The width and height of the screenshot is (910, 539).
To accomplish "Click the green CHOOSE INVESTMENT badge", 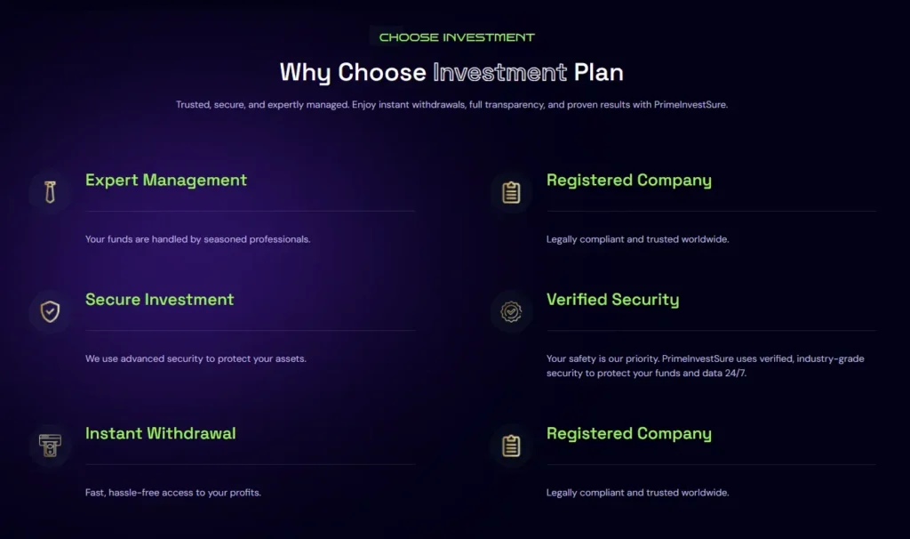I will coord(457,37).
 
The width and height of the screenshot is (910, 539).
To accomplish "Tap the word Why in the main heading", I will coord(305,71).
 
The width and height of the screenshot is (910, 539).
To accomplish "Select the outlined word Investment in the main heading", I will coord(499,71).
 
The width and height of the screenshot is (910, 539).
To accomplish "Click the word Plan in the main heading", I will coord(598,71).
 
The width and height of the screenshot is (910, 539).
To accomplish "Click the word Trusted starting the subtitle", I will coord(192,105).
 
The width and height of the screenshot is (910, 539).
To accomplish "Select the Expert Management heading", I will coord(166,181).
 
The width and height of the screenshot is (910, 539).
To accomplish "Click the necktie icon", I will coord(50,192).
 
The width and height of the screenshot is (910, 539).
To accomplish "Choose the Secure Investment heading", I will coord(160,300).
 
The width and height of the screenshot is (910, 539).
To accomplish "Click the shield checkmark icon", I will coord(50,311).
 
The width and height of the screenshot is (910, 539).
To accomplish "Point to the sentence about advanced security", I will coord(196,358).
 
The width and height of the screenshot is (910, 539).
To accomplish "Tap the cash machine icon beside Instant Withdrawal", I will coord(50,445).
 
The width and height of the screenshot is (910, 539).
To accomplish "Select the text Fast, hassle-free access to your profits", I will coord(173,493).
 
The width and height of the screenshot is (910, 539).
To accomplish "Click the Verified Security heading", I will coord(612,300).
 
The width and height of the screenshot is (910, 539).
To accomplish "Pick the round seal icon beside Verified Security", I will coord(511,311).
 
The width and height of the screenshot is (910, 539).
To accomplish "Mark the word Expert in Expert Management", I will coord(111,181).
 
